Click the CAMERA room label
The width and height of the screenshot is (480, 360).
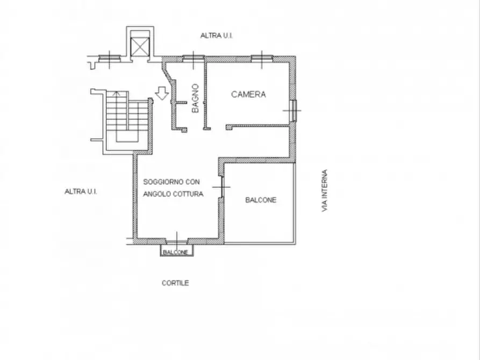click(248, 94)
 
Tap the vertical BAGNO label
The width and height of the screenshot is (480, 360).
click(195, 98)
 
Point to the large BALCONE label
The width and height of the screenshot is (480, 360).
click(261, 200)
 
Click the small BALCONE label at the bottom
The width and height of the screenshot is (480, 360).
click(175, 252)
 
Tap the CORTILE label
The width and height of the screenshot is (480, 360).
click(175, 283)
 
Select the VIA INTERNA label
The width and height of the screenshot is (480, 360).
click(325, 190)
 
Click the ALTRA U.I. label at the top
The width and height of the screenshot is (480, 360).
click(217, 35)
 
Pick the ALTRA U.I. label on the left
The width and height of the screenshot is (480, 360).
click(81, 192)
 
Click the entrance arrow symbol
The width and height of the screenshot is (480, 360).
click(162, 93)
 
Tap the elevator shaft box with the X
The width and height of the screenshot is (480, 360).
click(140, 47)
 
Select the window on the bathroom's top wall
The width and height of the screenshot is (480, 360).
click(194, 58)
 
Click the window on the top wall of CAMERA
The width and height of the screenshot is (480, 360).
click(262, 58)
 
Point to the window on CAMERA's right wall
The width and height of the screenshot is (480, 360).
click(293, 110)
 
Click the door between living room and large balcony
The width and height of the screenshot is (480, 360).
click(221, 187)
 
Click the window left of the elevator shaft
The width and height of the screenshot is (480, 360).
click(110, 58)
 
